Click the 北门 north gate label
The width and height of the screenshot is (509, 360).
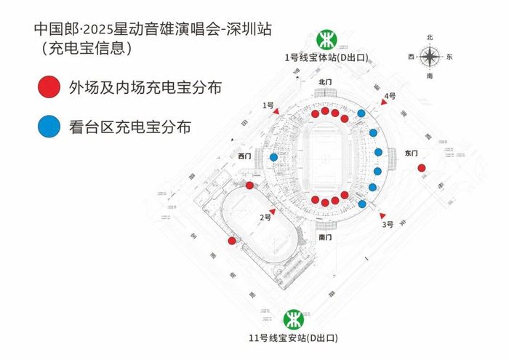point(326,82)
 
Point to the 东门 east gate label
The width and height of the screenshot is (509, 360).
point(411,153)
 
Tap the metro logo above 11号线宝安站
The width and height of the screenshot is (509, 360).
point(294,319)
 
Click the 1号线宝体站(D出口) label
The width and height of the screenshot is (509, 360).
point(324,57)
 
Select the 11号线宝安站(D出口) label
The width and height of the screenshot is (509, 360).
point(293,338)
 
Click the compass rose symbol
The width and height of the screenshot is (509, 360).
point(430,56)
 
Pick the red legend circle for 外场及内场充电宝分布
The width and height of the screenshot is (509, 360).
point(48,87)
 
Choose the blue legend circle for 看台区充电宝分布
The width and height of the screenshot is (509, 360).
point(48,127)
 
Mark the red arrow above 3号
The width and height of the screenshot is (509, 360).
point(383,214)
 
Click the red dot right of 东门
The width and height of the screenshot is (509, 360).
point(422,168)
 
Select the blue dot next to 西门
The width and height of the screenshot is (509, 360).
point(273,157)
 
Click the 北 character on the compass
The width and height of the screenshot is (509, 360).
point(430,37)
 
